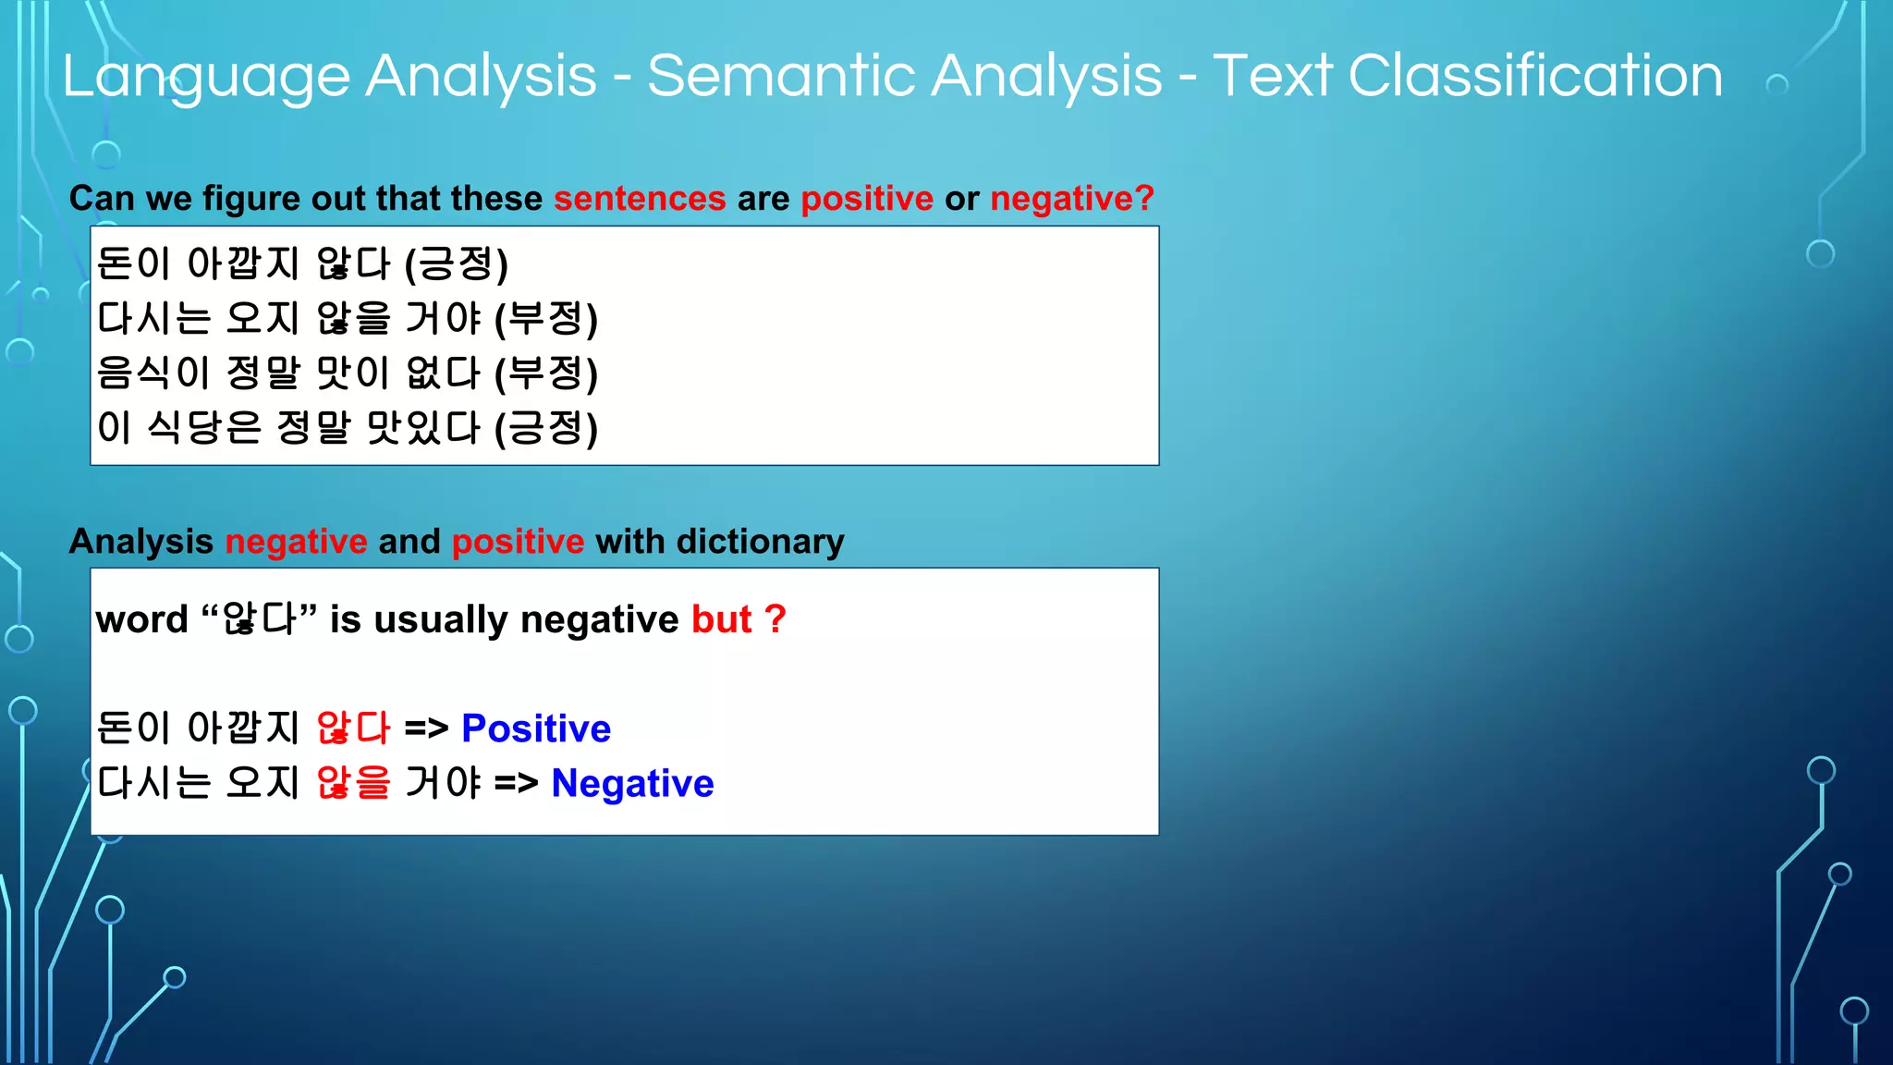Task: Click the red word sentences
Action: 640,199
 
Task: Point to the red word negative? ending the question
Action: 1072,199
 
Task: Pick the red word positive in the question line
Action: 867,199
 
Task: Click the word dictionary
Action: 760,542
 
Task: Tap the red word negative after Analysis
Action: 296,542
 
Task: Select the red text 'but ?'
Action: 739,619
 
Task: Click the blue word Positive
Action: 536,728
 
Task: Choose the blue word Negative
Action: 632,784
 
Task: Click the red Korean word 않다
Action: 353,728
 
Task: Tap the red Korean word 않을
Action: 353,784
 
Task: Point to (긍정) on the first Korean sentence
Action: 457,264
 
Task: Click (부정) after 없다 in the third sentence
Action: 546,373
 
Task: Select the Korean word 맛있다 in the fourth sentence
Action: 423,428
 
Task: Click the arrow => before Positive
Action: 426,728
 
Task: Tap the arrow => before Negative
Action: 516,784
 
